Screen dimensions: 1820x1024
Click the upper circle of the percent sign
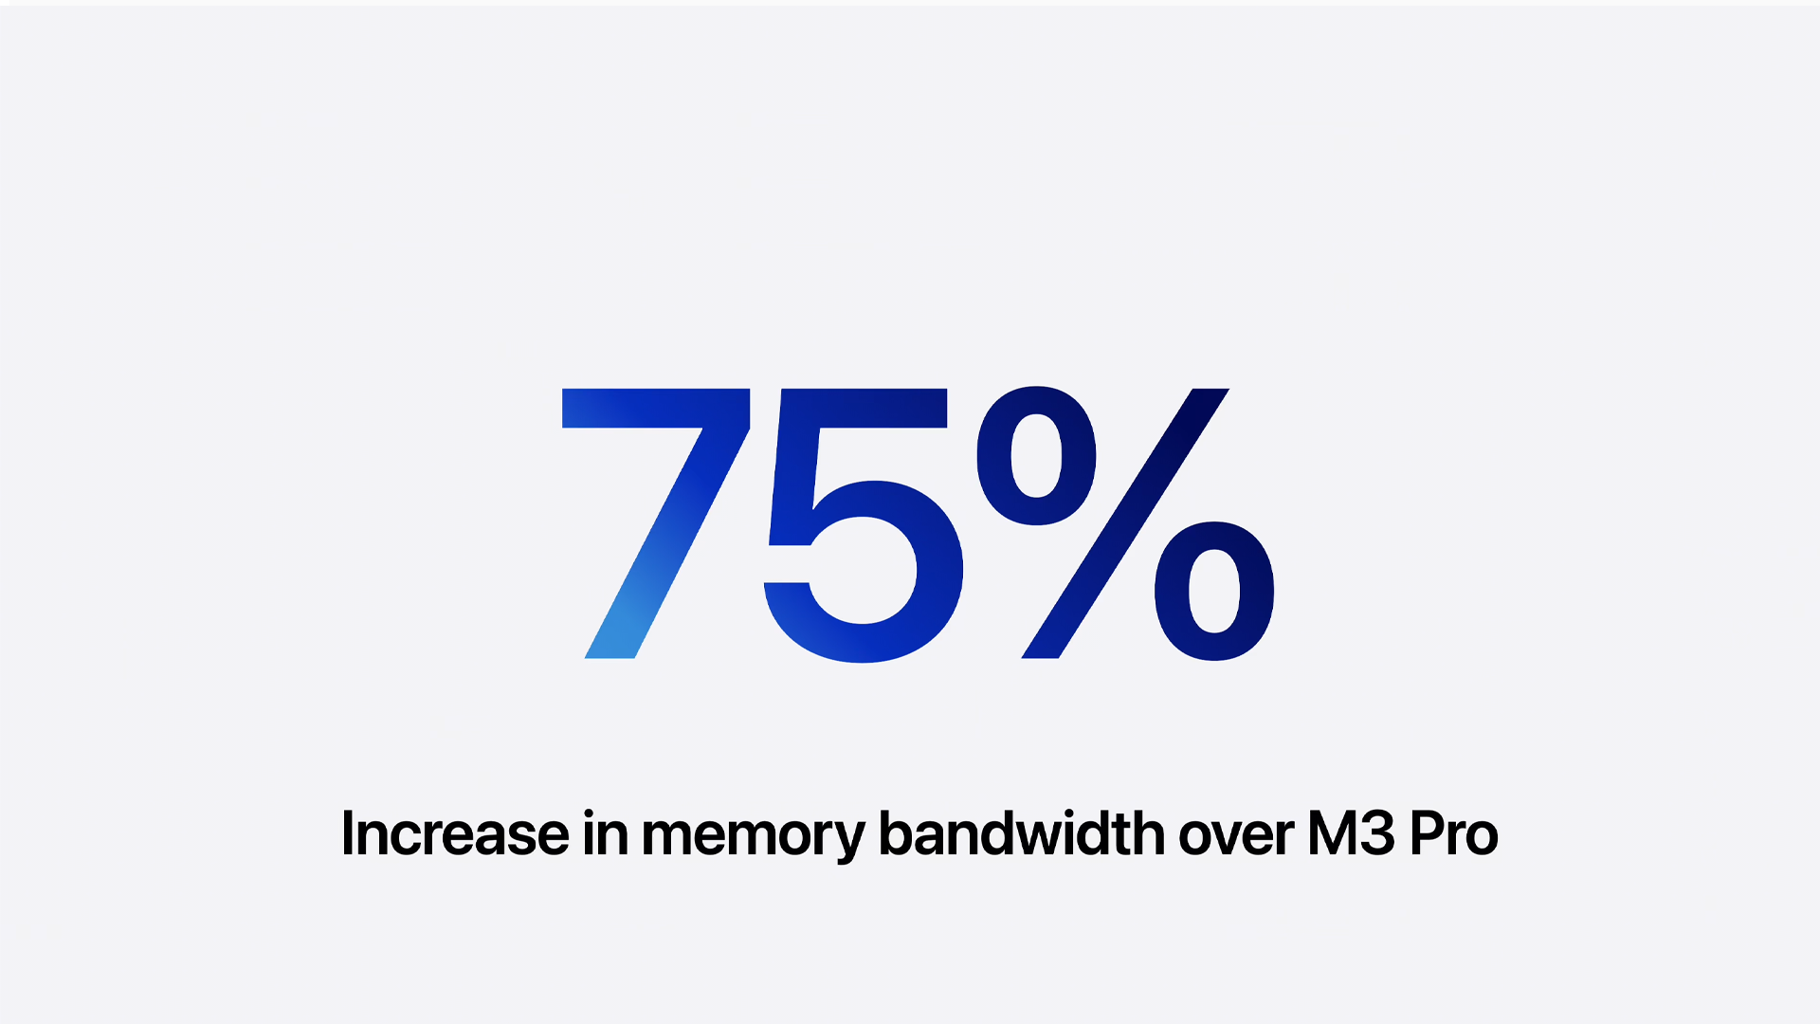click(x=1036, y=455)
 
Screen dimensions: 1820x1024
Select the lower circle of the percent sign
click(x=1214, y=591)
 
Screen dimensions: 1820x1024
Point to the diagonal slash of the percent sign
click(x=1125, y=523)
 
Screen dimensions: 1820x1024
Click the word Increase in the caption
click(x=455, y=833)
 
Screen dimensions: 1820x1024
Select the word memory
click(x=754, y=837)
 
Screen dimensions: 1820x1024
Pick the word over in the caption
click(x=1236, y=836)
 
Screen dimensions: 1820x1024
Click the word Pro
click(x=1453, y=833)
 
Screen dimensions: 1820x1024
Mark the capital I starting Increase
click(x=347, y=833)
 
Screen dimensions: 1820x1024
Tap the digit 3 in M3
click(x=1377, y=833)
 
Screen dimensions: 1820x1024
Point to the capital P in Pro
click(x=1429, y=833)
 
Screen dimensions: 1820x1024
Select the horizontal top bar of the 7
click(x=656, y=408)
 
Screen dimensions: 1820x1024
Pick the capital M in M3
click(x=1332, y=833)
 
